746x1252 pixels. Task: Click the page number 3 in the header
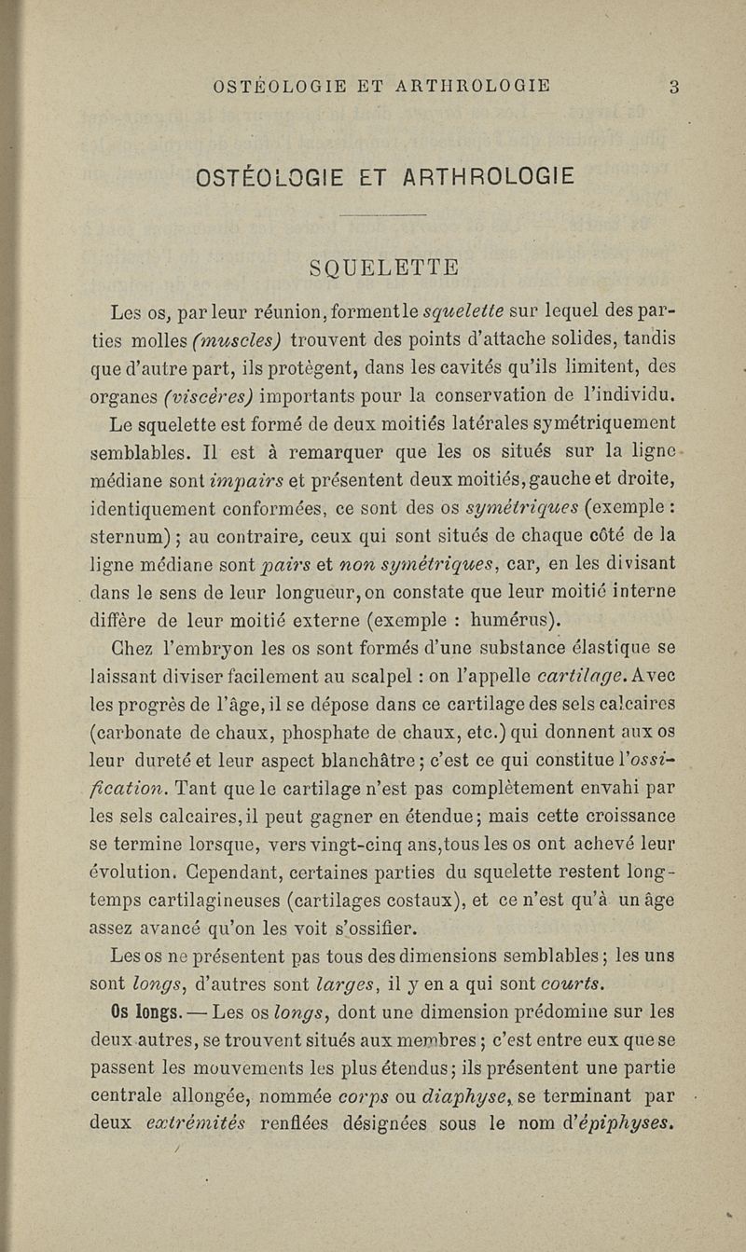point(673,87)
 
